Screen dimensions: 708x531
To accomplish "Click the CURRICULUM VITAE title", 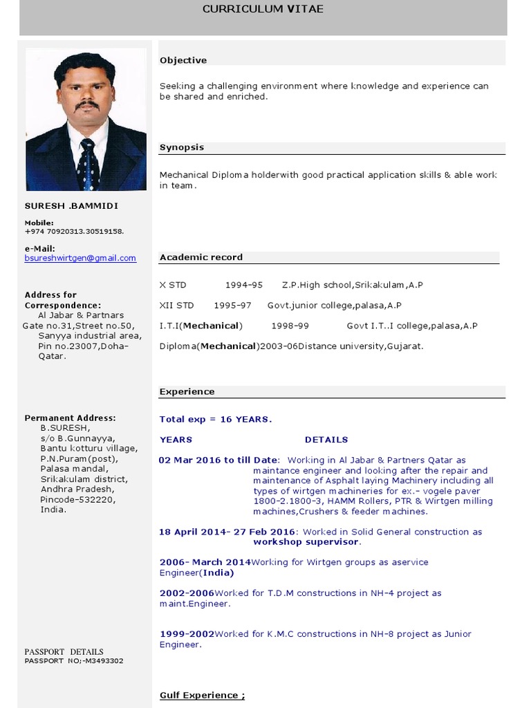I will [263, 9].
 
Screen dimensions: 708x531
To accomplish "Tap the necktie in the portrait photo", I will [87, 165].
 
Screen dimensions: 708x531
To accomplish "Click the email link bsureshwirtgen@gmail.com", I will [80, 258].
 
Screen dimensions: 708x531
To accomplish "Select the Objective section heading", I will [183, 60].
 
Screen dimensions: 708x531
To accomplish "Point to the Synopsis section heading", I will [182, 147].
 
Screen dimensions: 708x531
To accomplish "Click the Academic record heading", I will [201, 257].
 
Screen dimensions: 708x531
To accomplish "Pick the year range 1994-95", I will [243, 285].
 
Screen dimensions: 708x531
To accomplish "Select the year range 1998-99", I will [290, 326].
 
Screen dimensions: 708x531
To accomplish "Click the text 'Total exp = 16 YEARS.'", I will [216, 419].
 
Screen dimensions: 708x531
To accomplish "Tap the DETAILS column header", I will [326, 440].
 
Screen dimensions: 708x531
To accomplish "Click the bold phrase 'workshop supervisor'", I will [306, 542].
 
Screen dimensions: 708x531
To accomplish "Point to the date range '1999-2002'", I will [187, 634].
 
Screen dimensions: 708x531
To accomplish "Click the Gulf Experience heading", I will [202, 696].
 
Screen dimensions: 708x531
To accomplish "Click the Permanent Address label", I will [70, 418].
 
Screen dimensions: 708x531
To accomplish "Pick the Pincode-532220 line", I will [78, 499].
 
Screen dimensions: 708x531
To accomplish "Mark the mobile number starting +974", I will [75, 232].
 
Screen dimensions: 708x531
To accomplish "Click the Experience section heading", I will [187, 391].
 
